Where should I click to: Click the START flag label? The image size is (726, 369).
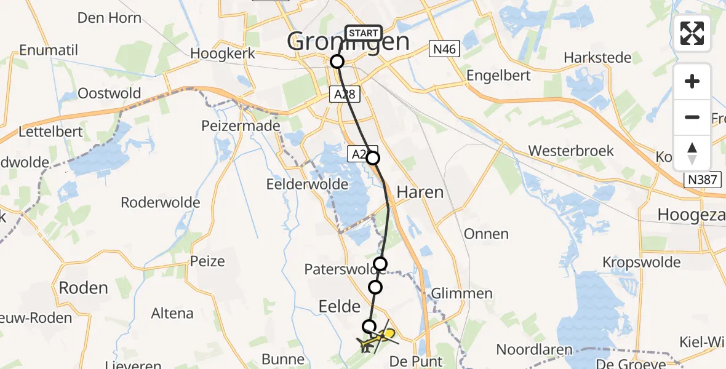pos(363,33)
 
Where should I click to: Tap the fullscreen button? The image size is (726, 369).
pos(692,33)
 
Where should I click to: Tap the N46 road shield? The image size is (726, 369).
pos(444,49)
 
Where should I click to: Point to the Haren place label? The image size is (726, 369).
pos(420,192)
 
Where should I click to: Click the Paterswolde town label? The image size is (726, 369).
pos(338,269)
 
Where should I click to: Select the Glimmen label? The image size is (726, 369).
pos(462,293)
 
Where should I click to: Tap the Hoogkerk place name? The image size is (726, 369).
pos(221,54)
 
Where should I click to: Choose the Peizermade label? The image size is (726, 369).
pos(241,126)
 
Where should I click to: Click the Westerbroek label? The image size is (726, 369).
pos(571,151)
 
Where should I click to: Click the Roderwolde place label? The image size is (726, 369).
pos(161,202)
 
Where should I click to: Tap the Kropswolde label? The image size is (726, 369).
pos(642,263)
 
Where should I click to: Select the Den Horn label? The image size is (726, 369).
pos(110,18)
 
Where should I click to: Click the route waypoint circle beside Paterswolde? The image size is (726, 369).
pos(381,264)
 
